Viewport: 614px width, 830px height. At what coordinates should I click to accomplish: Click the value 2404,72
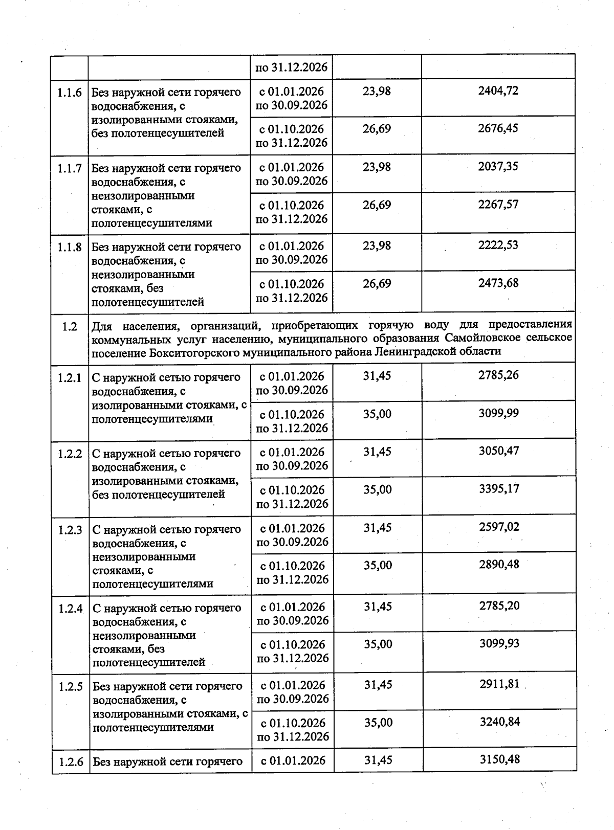pyautogui.click(x=498, y=91)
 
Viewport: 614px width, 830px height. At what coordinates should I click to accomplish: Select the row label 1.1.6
pyautogui.click(x=69, y=93)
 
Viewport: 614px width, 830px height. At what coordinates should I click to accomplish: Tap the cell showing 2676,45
pyautogui.click(x=498, y=128)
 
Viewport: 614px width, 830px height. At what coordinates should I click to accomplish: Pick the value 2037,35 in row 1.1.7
pyautogui.click(x=498, y=167)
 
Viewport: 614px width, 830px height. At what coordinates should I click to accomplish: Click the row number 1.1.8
pyautogui.click(x=69, y=248)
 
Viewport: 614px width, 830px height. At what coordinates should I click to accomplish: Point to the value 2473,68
pyautogui.click(x=498, y=283)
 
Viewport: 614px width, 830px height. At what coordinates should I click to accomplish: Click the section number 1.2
pyautogui.click(x=69, y=326)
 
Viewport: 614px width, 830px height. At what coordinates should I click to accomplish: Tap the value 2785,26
pyautogui.click(x=498, y=375)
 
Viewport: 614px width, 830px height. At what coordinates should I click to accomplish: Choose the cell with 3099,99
pyautogui.click(x=498, y=413)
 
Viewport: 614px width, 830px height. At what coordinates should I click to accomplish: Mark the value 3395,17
pyautogui.click(x=499, y=489)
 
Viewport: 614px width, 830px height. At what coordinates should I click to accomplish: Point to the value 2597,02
pyautogui.click(x=499, y=527)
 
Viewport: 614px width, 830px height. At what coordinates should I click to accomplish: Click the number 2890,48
pyautogui.click(x=499, y=565)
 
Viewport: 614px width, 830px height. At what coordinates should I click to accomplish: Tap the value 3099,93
pyautogui.click(x=499, y=643)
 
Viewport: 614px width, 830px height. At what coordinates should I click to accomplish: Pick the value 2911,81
pyautogui.click(x=499, y=684)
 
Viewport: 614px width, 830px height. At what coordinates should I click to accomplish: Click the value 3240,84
pyautogui.click(x=499, y=722)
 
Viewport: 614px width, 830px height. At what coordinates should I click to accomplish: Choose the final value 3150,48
pyautogui.click(x=500, y=759)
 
